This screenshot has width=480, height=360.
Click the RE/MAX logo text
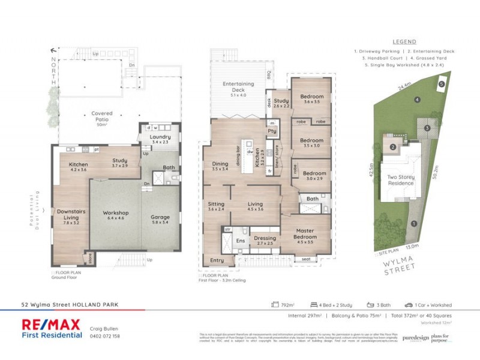51,325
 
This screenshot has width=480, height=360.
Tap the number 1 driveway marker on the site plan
414,224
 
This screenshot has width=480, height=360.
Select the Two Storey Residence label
401,181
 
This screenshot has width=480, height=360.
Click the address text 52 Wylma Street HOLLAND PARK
70,305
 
